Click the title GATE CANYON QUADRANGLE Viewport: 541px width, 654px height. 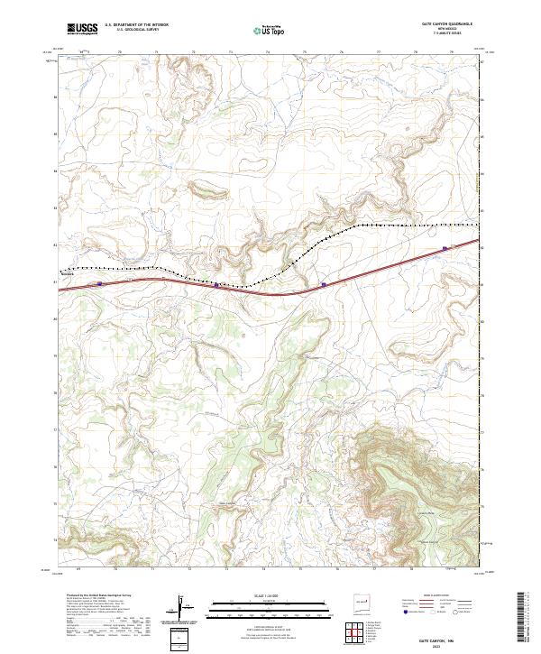click(x=446, y=23)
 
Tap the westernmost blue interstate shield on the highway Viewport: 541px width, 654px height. click(x=99, y=283)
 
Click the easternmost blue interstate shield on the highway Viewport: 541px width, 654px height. click(x=445, y=249)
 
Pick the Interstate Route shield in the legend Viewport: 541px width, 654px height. click(x=405, y=612)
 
